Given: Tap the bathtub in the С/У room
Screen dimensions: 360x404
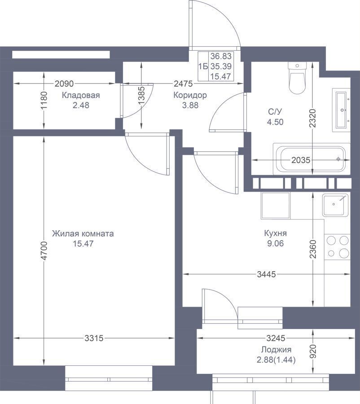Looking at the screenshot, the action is tap(312, 159).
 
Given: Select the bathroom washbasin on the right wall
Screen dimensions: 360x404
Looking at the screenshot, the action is tap(342, 110).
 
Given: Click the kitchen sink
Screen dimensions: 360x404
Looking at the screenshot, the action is tap(335, 205).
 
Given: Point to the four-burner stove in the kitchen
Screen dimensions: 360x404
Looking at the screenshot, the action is tap(337, 247).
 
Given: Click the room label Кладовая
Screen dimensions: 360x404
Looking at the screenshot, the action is tap(81, 95).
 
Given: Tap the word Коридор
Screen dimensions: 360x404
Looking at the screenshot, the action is tap(190, 95).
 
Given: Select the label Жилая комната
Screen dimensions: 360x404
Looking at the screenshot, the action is tap(83, 234).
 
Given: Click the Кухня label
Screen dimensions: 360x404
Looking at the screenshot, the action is tap(275, 233).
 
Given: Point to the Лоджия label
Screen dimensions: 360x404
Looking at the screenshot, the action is tap(276, 350).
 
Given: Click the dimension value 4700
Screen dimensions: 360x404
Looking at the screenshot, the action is tap(44, 250).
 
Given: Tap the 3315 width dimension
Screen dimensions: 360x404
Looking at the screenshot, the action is tap(94, 338).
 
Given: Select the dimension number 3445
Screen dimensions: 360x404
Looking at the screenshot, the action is tap(267, 274).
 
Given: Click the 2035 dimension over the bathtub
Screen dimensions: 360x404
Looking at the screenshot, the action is tap(301, 160).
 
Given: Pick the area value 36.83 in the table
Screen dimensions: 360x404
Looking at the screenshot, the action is tap(221, 56).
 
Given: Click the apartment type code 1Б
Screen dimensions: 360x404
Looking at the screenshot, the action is tap(203, 66).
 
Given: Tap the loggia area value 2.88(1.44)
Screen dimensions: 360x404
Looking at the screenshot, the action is tap(276, 360).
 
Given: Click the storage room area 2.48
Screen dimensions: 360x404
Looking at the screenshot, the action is tap(81, 105).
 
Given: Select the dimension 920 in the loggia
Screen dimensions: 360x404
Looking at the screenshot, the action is tap(312, 351).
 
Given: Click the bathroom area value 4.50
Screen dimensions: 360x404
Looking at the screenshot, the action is tap(275, 122).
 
